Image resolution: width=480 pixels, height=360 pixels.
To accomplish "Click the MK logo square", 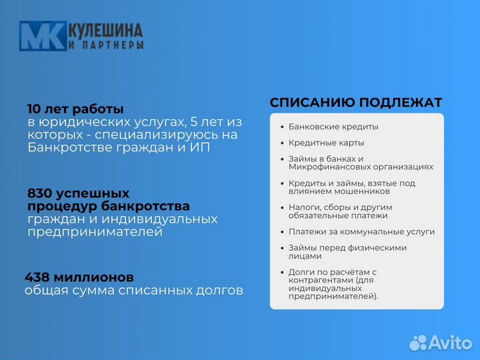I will click(42, 36).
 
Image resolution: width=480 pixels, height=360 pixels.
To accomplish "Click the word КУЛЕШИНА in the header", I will click(105, 31).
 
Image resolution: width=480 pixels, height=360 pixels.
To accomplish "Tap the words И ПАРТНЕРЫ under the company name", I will click(105, 45).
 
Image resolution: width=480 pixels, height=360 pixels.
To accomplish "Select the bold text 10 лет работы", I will click(75, 109).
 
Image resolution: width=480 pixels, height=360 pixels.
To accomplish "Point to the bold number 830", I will click(41, 193).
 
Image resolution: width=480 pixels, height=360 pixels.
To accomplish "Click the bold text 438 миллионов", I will click(79, 277).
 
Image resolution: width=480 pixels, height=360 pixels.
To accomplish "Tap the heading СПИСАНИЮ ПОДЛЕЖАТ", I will click(356, 102).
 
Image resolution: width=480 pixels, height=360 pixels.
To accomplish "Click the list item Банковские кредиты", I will click(333, 127).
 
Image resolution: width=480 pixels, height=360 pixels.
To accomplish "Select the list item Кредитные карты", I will click(326, 143).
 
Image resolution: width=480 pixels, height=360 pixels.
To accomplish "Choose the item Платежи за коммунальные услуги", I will click(361, 232).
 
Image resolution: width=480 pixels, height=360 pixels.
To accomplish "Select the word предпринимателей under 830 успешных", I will click(95, 231).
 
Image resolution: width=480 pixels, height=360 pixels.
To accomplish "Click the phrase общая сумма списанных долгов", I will click(134, 291).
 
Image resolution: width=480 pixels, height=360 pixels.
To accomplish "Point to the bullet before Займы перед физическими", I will click(282, 248).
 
